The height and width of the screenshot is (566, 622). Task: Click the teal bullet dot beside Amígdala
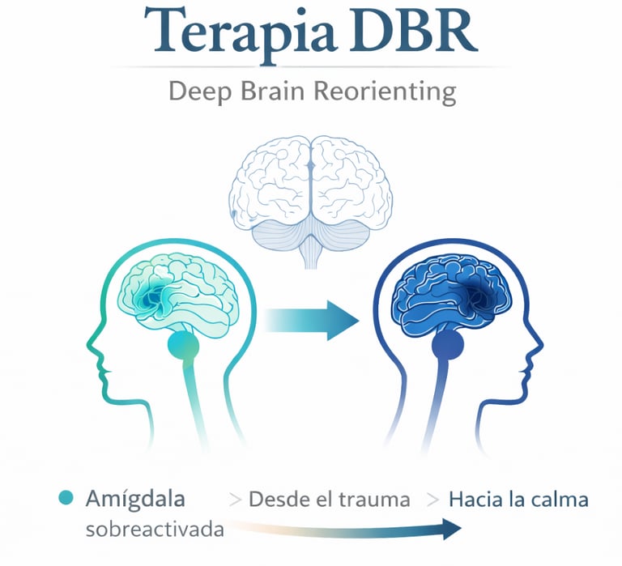(67, 498)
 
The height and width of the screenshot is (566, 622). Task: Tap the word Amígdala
(134, 499)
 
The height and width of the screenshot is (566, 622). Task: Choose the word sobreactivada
(155, 530)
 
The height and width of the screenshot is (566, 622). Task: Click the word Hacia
(474, 500)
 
